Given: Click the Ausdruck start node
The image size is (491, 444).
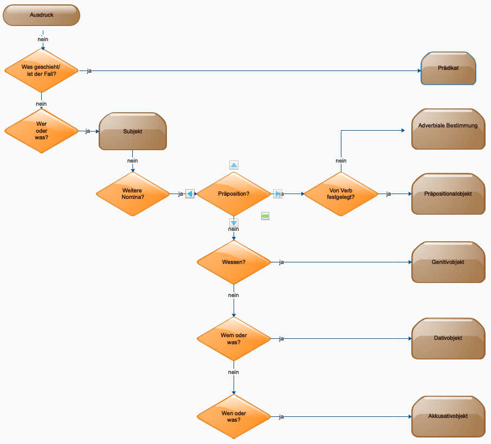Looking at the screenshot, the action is pyautogui.click(x=41, y=15).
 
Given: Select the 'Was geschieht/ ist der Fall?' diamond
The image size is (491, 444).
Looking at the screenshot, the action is pyautogui.click(x=41, y=71).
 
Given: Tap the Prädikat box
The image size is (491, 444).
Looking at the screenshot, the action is pyautogui.click(x=448, y=68).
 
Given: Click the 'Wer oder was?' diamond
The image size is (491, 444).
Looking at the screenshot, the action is pyautogui.click(x=41, y=131).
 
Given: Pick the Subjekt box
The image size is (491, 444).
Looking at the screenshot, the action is pyautogui.click(x=133, y=131).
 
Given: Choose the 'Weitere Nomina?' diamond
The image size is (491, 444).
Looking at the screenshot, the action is pyautogui.click(x=133, y=194).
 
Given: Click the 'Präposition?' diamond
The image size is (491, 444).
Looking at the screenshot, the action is pyautogui.click(x=234, y=194).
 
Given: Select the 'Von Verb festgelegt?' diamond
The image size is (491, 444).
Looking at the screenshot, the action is pyautogui.click(x=341, y=194).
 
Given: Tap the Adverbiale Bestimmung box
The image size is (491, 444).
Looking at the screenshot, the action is pyautogui.click(x=448, y=129).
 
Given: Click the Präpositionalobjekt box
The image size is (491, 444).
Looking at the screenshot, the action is pyautogui.click(x=448, y=194).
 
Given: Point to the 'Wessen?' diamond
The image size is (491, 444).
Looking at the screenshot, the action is pyautogui.click(x=234, y=262).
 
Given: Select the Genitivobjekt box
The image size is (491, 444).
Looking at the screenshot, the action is pyautogui.click(x=448, y=262).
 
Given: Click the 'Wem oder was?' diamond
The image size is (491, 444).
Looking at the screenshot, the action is pyautogui.click(x=234, y=339).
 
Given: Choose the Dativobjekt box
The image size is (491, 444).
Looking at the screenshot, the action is pyautogui.click(x=448, y=339).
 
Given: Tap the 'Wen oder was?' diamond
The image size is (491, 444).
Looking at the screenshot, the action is pyautogui.click(x=234, y=417).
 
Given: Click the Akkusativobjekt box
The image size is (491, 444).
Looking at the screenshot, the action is pyautogui.click(x=448, y=417).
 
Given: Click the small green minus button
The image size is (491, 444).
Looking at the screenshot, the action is pyautogui.click(x=265, y=216).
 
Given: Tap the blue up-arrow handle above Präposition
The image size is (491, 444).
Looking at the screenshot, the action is pyautogui.click(x=234, y=165).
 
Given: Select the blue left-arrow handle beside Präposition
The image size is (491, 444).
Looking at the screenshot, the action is pyautogui.click(x=190, y=194).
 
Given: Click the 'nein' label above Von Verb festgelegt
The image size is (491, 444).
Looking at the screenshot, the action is pyautogui.click(x=341, y=161).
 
